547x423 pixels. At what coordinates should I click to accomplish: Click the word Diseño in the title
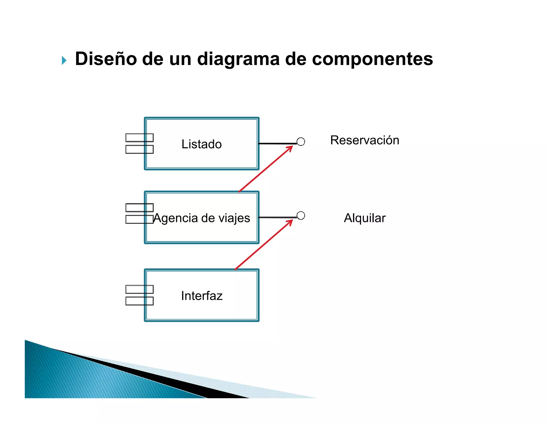pos(106,59)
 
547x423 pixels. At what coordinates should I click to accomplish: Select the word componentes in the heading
pos(372,59)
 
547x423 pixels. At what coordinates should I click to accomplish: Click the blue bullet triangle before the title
pos(64,60)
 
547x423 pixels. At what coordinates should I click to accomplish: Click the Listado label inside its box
pos(202,144)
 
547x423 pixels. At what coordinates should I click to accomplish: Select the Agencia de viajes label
pos(202,218)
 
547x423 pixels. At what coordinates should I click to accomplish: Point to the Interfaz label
pos(202,296)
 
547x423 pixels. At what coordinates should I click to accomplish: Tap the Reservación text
pos(365,140)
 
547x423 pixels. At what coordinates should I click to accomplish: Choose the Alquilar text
pos(365,218)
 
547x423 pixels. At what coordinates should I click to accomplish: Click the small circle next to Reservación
pos(301,142)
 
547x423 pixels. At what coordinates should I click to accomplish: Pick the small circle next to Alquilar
pos(301,216)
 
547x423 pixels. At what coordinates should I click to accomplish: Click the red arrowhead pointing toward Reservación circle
pos(290,148)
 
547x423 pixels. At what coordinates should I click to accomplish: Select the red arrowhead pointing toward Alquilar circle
pos(290,222)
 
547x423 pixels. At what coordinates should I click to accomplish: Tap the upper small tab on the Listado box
pos(139,138)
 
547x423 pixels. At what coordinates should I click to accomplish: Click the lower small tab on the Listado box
pos(139,149)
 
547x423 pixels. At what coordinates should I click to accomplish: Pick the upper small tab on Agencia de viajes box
pos(139,207)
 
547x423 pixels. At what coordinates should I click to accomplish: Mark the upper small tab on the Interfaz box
pos(139,289)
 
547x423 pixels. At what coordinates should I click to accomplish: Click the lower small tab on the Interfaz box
pos(139,301)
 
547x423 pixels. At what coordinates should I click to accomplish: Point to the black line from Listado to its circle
pos(278,144)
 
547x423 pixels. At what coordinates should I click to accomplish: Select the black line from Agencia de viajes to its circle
pos(278,217)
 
